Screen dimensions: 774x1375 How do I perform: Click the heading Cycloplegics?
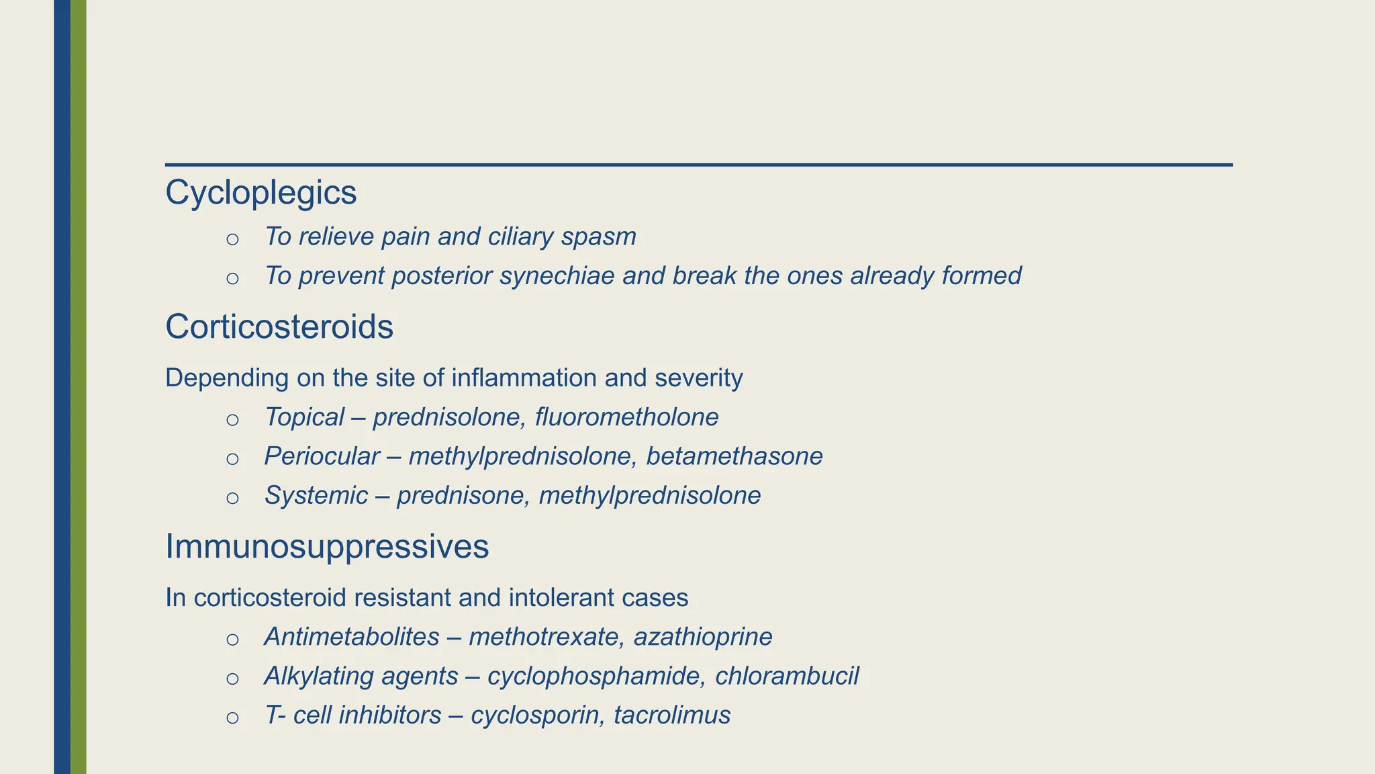click(x=260, y=193)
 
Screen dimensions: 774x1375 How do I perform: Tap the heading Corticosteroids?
click(x=279, y=327)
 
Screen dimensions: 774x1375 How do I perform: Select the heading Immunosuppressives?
click(x=327, y=546)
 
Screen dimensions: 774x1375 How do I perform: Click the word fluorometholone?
click(x=626, y=417)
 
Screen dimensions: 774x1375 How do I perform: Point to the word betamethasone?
click(x=734, y=456)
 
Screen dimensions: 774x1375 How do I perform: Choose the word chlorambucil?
click(x=787, y=676)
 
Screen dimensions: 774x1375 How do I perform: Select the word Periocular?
click(x=322, y=456)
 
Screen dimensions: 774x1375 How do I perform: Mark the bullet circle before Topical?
click(x=232, y=420)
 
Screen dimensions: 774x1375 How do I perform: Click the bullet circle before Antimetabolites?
click(x=232, y=640)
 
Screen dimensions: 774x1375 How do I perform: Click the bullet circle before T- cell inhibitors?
click(x=232, y=718)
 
